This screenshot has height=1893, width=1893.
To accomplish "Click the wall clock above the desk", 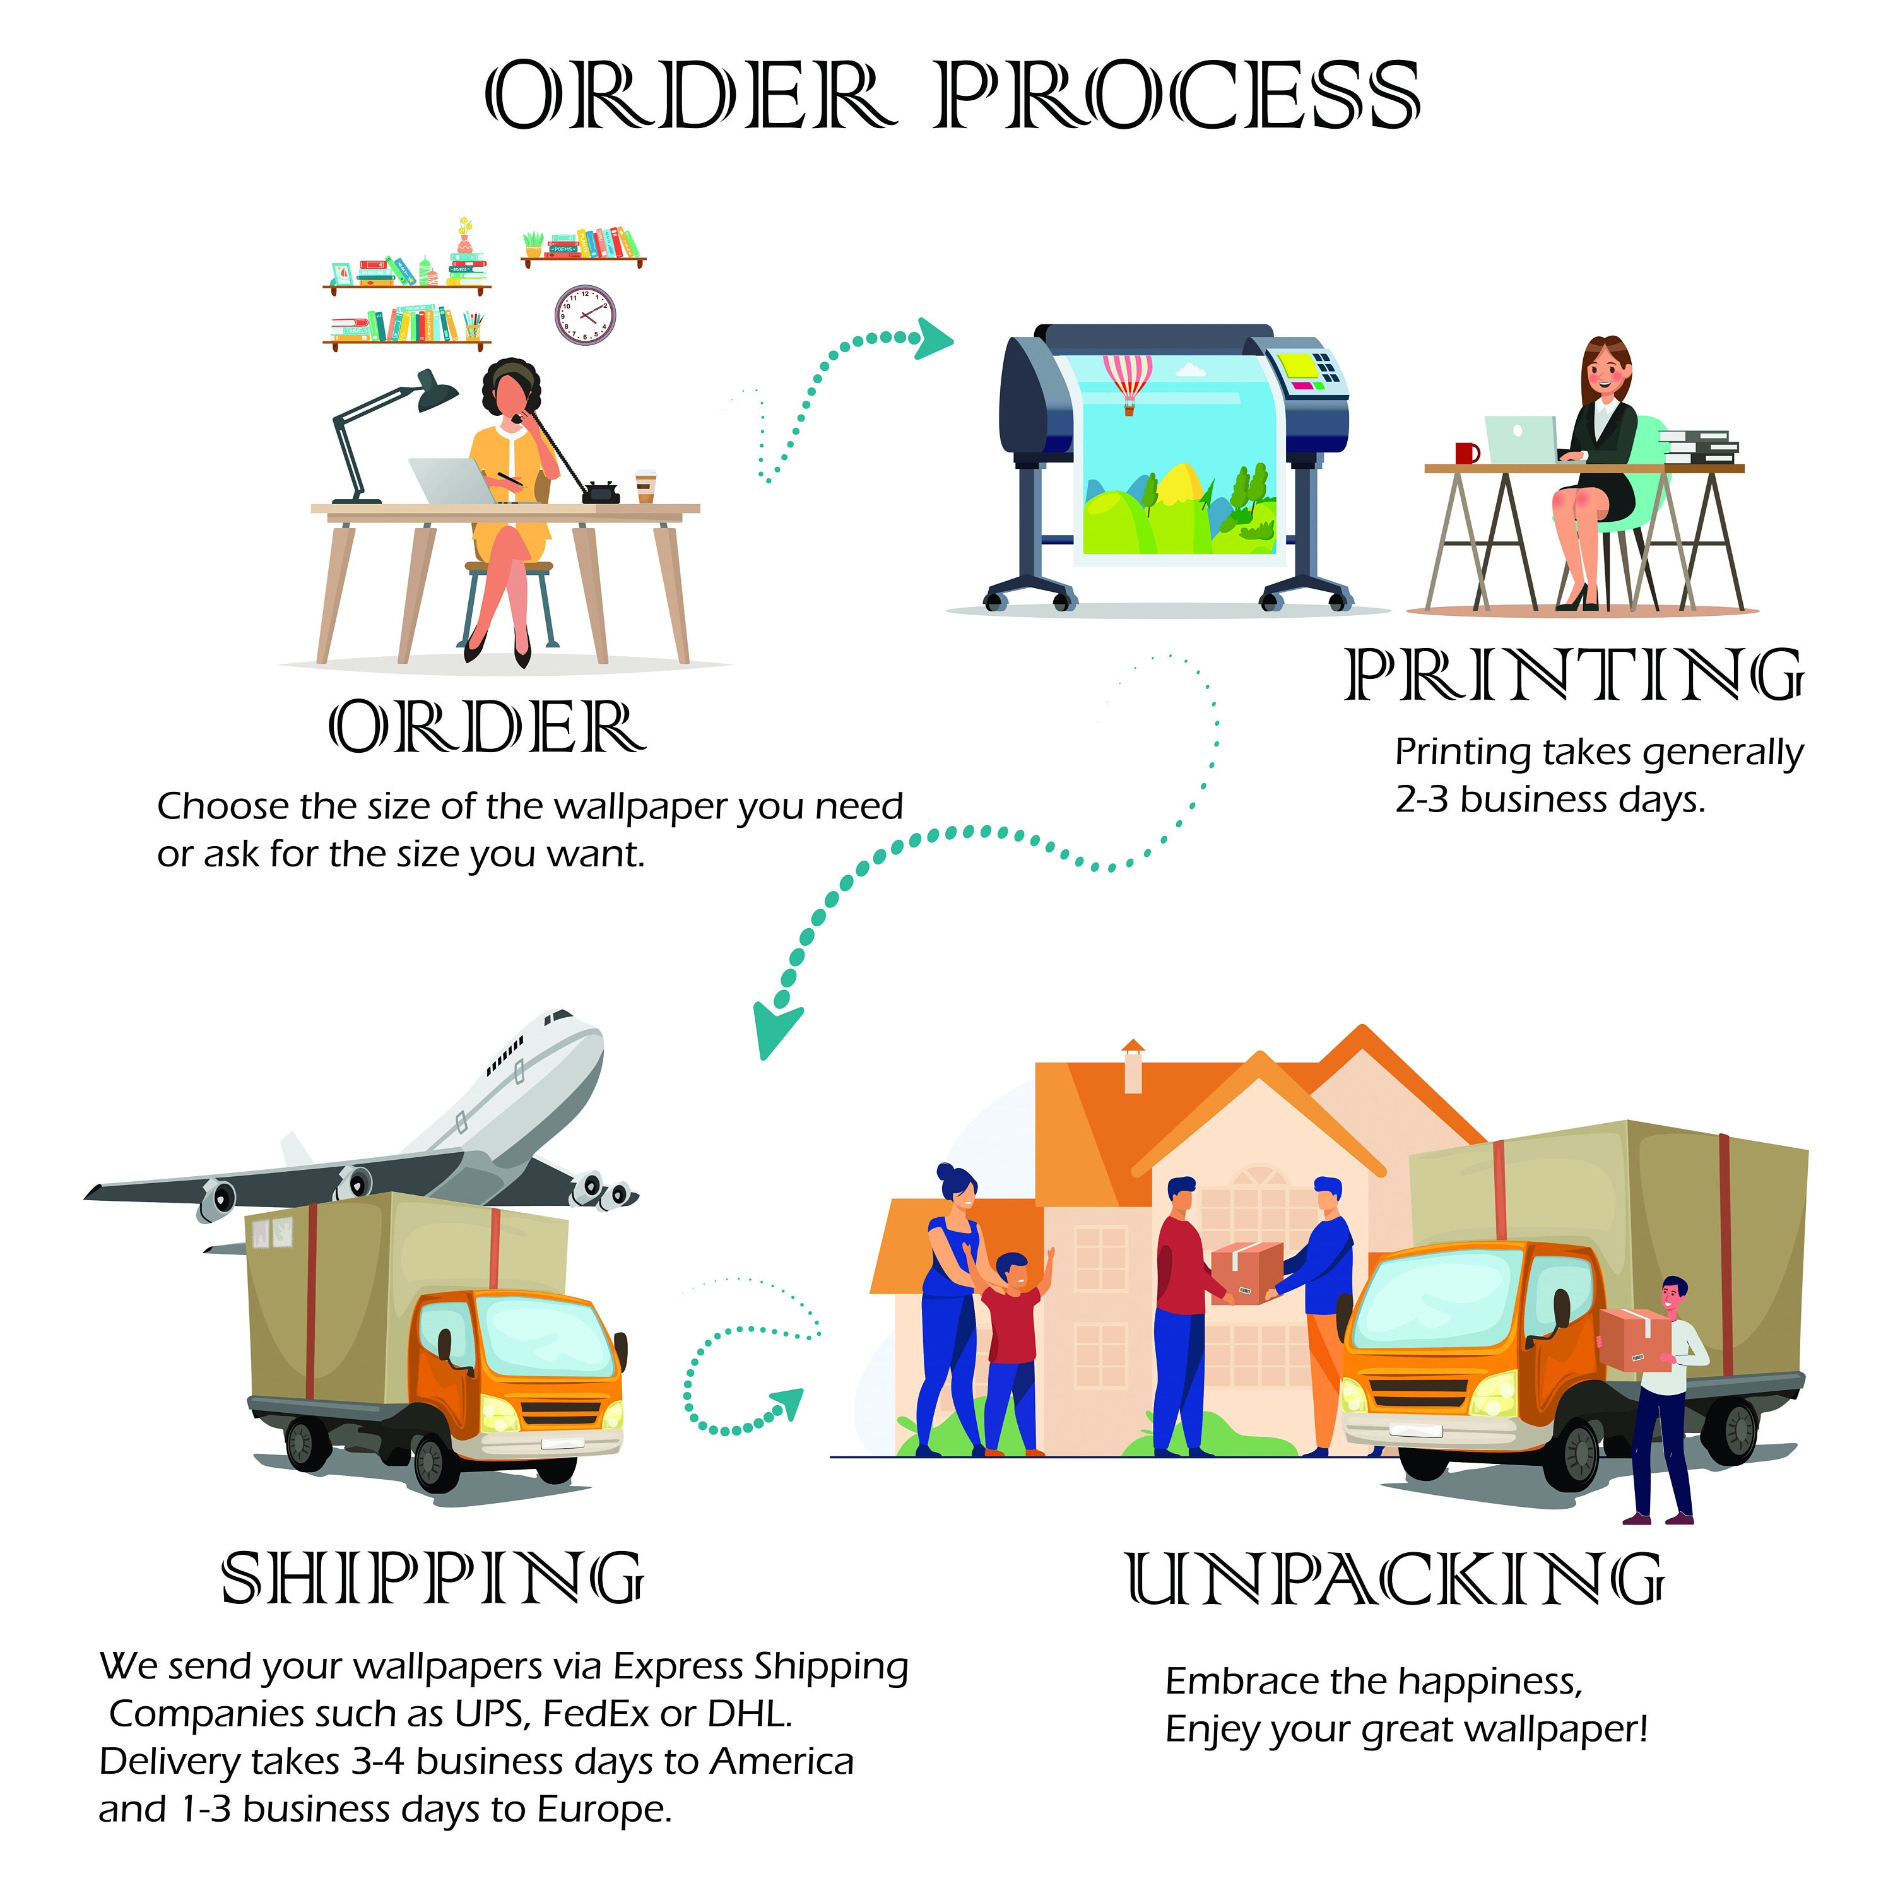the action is point(585,314).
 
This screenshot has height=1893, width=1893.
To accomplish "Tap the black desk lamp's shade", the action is point(435,390).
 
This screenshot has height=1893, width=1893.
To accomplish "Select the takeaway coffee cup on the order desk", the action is point(645,486).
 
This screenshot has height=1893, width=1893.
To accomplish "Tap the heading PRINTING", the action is point(1574,675).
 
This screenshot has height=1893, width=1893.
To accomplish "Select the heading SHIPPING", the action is point(432,1579).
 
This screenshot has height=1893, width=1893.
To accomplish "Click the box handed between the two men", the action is point(1247,1272).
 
